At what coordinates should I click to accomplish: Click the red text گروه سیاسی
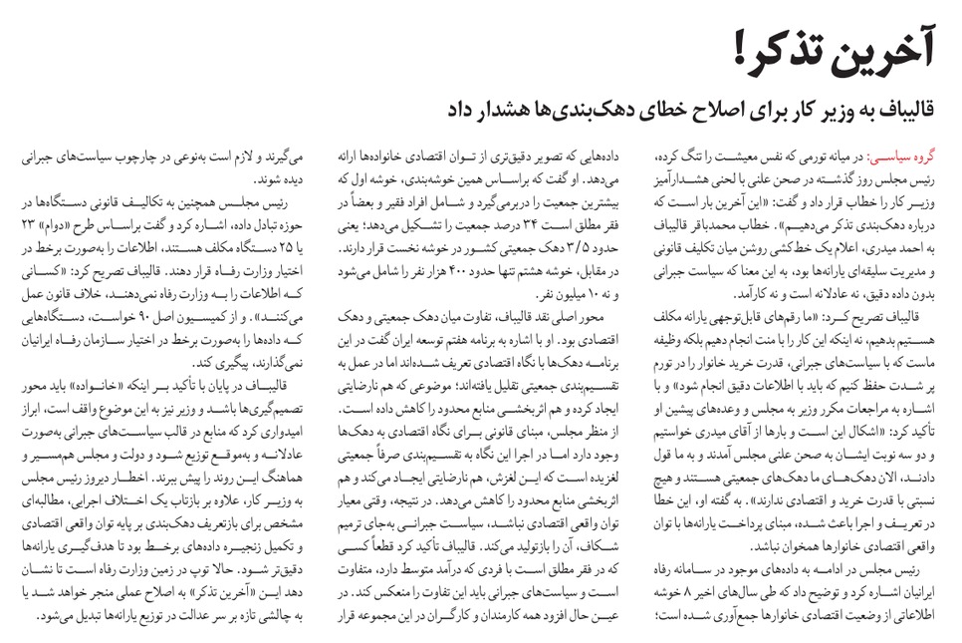coord(911,158)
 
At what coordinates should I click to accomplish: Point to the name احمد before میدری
coord(923,237)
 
